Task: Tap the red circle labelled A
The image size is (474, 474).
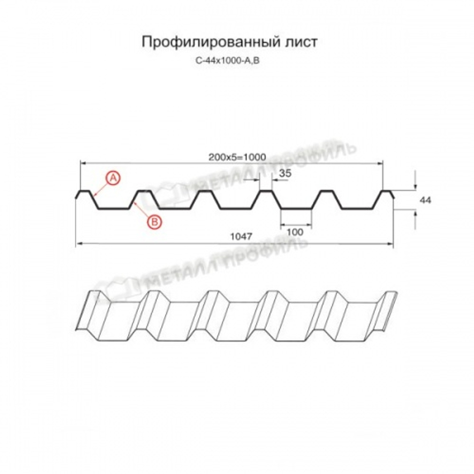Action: pos(113,178)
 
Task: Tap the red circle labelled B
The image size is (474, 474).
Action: pos(154,221)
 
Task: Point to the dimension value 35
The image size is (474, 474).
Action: pos(285,174)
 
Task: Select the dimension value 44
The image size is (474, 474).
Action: pos(425,201)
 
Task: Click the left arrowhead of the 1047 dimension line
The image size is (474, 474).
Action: pos(79,244)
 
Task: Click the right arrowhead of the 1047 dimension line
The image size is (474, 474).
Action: pos(391,244)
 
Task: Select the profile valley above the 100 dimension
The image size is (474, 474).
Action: pos(296,208)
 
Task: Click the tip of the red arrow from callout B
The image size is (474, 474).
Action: pos(134,202)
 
